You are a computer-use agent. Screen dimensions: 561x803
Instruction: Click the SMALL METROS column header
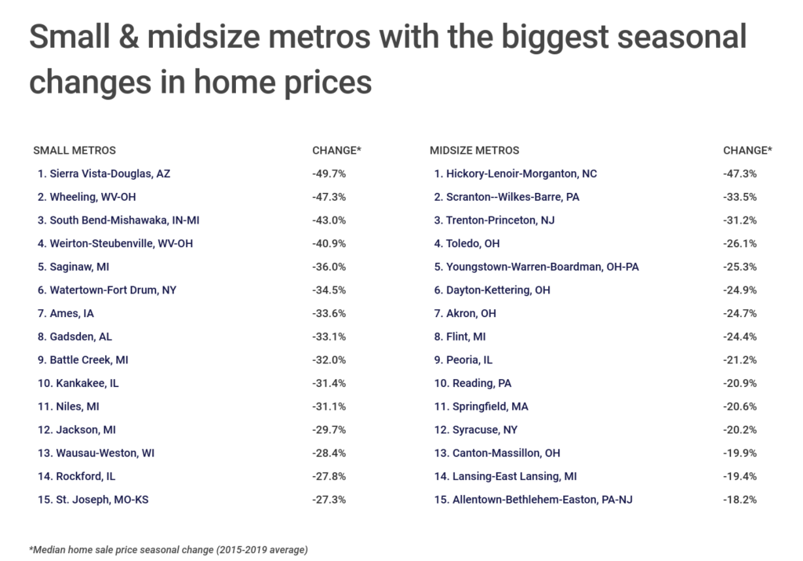pos(74,150)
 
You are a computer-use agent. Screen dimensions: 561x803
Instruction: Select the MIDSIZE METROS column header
pos(474,150)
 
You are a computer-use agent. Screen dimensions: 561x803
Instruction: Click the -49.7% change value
pos(329,173)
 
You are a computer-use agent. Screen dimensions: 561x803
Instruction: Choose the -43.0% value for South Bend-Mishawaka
pos(329,220)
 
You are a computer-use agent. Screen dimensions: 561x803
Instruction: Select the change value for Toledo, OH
pos(739,244)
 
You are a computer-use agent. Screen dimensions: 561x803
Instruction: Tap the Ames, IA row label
pos(71,313)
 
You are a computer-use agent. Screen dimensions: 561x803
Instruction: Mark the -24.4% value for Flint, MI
pos(739,337)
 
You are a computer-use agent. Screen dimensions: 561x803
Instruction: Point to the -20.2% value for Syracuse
pos(739,430)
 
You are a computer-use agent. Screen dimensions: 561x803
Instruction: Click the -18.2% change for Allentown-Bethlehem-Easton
pos(739,500)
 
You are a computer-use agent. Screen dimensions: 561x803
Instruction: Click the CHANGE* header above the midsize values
pos(747,150)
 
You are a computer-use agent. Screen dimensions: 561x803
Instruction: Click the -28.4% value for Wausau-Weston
pos(329,453)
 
